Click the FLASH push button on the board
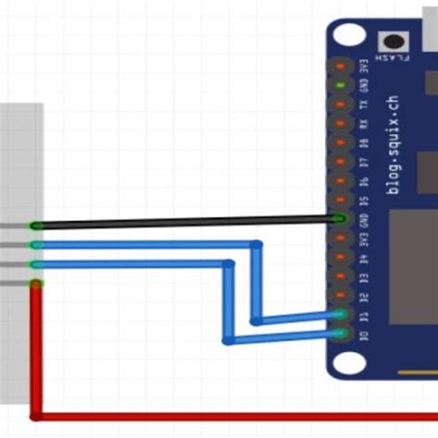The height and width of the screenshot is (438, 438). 394,42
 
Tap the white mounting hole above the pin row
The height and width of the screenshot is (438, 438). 348,36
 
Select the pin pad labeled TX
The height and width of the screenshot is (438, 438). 342,104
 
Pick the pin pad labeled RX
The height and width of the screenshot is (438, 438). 342,123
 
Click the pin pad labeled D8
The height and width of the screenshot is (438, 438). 342,142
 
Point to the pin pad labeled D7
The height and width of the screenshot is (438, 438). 342,162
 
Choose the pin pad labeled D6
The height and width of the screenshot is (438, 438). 342,181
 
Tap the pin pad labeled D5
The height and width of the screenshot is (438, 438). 342,200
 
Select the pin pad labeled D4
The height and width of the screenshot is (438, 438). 342,257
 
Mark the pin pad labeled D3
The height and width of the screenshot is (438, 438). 342,276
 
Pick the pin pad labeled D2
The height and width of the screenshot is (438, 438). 342,296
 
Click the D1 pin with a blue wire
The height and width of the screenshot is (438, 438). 342,315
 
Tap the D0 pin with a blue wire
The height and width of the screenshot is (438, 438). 342,334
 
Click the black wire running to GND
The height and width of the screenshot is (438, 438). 185,223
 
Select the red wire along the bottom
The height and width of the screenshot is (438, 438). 231,417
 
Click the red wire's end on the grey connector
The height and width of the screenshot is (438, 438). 36,285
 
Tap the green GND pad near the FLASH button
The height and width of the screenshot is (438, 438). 342,85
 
